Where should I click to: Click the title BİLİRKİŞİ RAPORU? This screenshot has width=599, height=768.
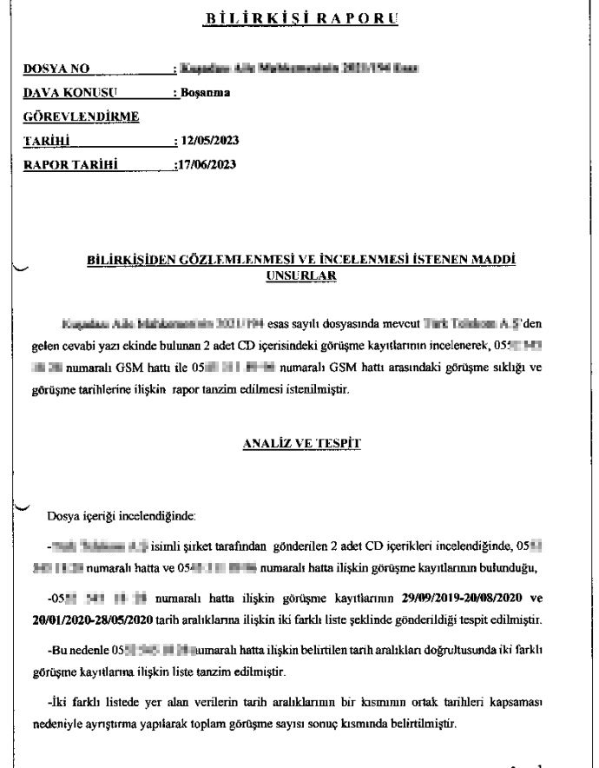pyautogui.click(x=299, y=17)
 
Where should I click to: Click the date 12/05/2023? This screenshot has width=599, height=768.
pyautogui.click(x=209, y=140)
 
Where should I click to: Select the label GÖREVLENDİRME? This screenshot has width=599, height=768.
pyautogui.click(x=82, y=116)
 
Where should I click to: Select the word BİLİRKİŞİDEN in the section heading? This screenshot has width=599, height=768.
pyautogui.click(x=135, y=260)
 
